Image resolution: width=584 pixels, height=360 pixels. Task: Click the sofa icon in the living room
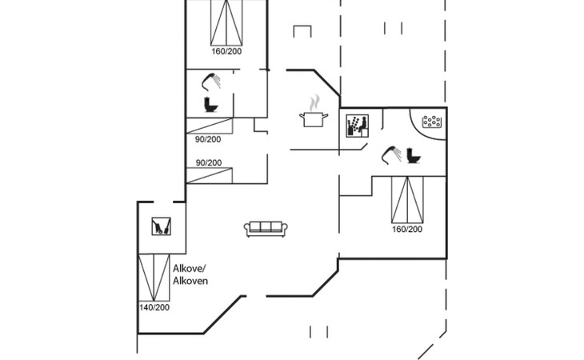point(266,229)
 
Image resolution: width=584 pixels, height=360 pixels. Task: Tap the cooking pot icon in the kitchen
point(314,119)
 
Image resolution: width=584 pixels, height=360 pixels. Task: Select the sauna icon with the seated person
point(357,126)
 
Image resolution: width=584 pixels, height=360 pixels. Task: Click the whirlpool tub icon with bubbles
point(432,122)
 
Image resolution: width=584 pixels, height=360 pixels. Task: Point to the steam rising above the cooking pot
point(314,102)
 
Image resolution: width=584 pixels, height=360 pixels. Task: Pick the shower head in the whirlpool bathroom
point(391,154)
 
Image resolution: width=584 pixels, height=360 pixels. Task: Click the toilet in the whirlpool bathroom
point(413,156)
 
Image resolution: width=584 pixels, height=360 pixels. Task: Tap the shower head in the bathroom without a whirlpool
point(211,82)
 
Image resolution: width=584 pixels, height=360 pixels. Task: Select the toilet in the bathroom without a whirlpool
point(210,104)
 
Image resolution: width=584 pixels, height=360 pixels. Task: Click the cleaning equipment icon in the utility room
point(162,226)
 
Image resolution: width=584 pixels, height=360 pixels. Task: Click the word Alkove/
point(190,269)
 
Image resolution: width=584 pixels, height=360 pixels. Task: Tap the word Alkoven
point(190,281)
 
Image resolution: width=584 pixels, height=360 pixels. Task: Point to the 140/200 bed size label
point(154,307)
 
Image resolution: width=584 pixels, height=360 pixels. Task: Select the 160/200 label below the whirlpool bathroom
point(407,230)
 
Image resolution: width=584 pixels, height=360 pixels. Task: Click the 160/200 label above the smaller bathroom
point(226,51)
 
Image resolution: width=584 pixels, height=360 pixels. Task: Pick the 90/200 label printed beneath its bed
point(208,139)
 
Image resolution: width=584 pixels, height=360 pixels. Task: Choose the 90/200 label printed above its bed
point(209,162)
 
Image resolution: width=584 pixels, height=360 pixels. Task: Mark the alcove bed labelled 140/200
point(154,278)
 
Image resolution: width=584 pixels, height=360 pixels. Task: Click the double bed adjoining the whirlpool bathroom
point(407,200)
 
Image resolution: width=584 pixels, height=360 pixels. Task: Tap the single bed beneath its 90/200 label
point(210,175)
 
